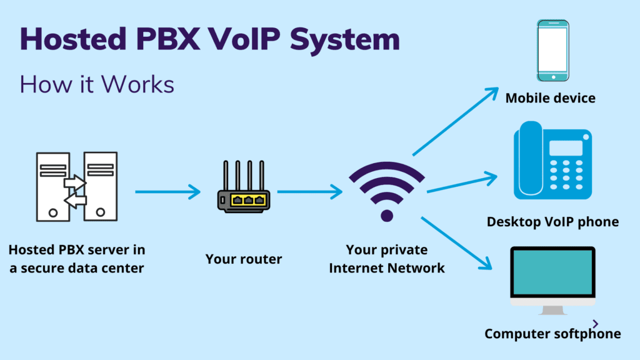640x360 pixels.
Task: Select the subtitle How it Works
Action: point(97,84)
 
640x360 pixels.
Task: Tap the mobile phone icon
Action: point(552,51)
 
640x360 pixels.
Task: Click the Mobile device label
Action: point(550,98)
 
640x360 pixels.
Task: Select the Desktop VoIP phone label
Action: point(552,221)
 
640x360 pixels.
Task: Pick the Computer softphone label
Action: point(552,334)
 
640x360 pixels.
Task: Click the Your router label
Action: point(244,259)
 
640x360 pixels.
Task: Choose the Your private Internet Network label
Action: point(387,259)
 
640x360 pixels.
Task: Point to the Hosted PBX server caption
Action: point(77,259)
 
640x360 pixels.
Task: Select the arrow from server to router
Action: point(167,192)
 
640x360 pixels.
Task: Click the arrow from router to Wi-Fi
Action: point(309,192)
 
